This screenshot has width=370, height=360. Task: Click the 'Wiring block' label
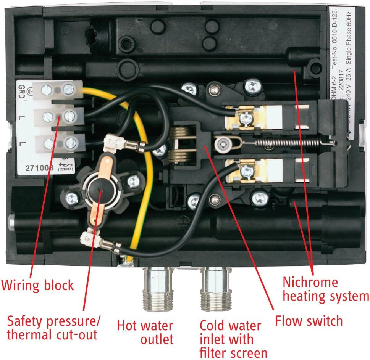click(x=37, y=284)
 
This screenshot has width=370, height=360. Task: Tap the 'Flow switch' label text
click(x=309, y=321)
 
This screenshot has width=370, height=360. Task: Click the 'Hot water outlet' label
click(x=145, y=332)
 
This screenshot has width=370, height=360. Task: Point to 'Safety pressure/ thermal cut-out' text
click(x=53, y=328)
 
